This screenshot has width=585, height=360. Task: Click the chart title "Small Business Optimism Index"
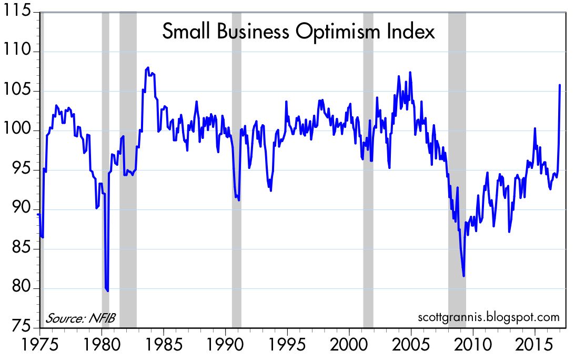pyautogui.click(x=298, y=32)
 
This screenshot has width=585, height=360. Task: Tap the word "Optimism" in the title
pyautogui.click(x=344, y=33)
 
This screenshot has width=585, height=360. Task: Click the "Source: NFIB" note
pyautogui.click(x=80, y=318)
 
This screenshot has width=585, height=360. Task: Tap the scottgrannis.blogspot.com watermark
pyautogui.click(x=488, y=317)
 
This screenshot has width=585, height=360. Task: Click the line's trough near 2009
pyautogui.click(x=463, y=275)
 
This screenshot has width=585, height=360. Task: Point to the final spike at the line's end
pyautogui.click(x=559, y=85)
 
